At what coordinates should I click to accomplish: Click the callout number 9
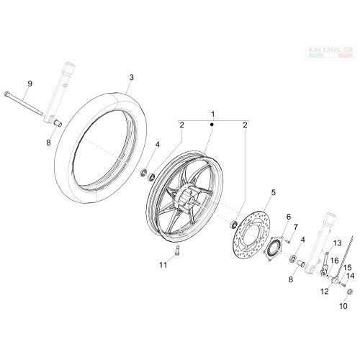pyautogui.click(x=30, y=84)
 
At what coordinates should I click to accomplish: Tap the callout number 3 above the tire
pyautogui.click(x=131, y=78)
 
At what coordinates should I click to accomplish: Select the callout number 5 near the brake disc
pyautogui.click(x=274, y=192)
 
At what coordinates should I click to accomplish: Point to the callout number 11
pyautogui.click(x=163, y=265)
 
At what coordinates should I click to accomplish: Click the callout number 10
pyautogui.click(x=343, y=306)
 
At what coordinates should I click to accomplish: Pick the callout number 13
pyautogui.click(x=337, y=243)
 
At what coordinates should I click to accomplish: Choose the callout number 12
pyautogui.click(x=324, y=292)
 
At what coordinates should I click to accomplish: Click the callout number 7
pyautogui.click(x=295, y=227)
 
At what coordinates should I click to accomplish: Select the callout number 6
pyautogui.click(x=288, y=217)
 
